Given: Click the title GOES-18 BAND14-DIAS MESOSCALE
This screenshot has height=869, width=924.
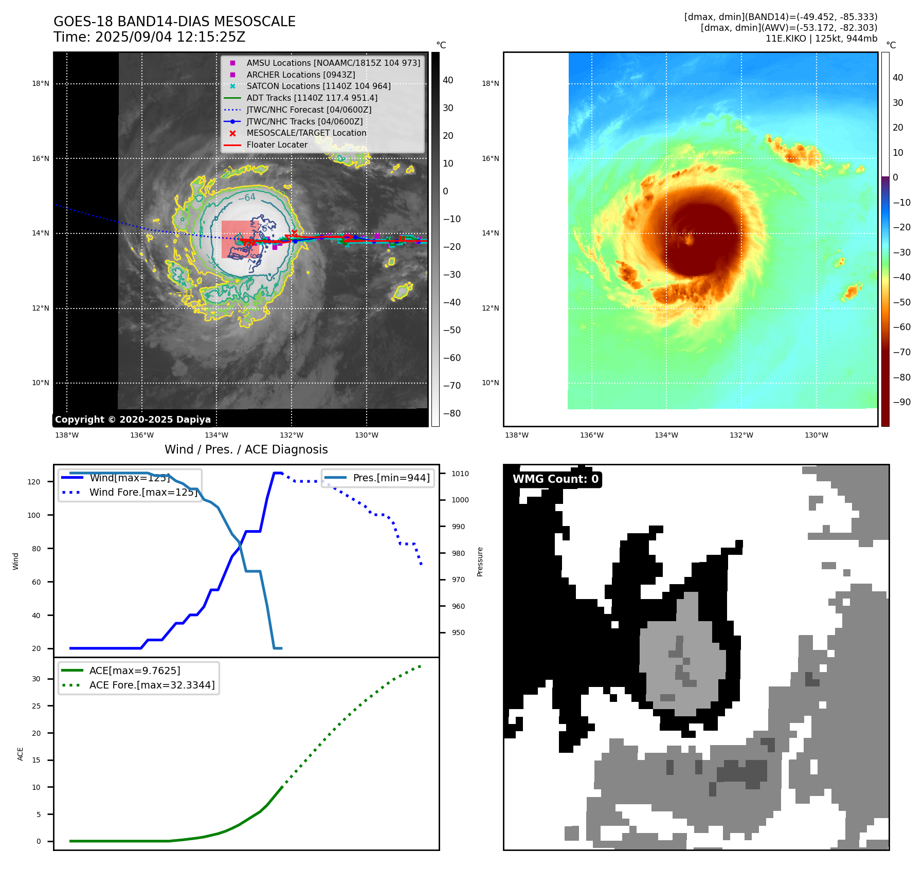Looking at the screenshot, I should tap(174, 22).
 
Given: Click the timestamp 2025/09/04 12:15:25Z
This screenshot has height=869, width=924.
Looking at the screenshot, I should tap(170, 37).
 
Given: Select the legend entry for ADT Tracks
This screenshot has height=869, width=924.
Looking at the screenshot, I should tap(312, 98).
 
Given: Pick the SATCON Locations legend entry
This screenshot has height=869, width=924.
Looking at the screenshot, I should tap(318, 86).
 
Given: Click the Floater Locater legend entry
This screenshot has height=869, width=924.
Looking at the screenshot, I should tap(277, 144).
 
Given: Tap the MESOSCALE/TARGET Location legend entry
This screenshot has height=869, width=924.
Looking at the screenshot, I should tap(306, 133).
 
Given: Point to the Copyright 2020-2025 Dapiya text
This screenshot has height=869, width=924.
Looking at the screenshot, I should tap(133, 420).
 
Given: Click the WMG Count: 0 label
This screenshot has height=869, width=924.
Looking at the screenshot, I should tap(555, 479).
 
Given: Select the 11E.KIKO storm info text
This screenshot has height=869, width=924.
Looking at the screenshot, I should tap(821, 39).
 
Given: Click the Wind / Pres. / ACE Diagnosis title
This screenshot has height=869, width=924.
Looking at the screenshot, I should tap(246, 449).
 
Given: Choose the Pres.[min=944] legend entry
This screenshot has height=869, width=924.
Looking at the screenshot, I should tap(391, 478).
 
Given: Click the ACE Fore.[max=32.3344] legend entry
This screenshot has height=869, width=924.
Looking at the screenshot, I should tap(152, 685).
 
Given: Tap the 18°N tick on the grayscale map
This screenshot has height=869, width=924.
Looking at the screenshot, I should tap(41, 83).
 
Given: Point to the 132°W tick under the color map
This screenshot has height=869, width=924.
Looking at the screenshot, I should tap(741, 435).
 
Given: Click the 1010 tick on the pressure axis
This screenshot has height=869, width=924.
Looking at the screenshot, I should tap(460, 474).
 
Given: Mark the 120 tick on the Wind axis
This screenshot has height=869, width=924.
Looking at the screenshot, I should tap(34, 482).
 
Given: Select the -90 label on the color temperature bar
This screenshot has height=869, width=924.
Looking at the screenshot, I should tap(901, 402).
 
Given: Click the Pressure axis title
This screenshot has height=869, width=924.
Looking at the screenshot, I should tap(480, 562).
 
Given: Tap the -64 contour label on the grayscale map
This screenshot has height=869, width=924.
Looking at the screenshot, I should tap(247, 197).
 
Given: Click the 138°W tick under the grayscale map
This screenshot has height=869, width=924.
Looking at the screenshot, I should tap(67, 435).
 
